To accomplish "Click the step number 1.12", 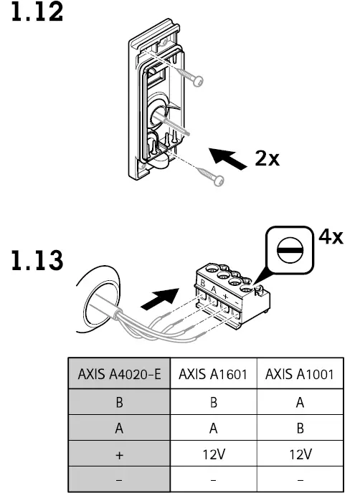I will [35, 14].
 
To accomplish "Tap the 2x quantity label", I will [267, 158].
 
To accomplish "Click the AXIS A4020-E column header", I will [119, 374].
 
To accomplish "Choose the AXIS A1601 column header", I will [213, 374].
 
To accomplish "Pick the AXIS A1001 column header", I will [300, 374].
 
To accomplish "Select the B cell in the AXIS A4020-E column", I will [119, 402].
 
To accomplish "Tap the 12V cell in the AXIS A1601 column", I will [213, 454].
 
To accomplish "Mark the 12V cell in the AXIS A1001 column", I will [300, 454].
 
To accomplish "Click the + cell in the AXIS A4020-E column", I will [119, 454].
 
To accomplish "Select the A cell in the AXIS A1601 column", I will [213, 428].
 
